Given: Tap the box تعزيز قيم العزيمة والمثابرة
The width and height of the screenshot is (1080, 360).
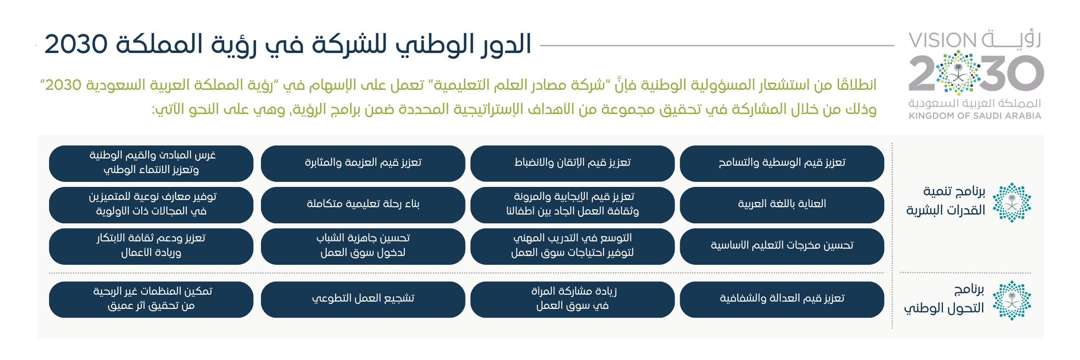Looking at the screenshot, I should point(363,163).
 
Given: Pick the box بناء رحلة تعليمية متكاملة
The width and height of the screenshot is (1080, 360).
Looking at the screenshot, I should point(363,205).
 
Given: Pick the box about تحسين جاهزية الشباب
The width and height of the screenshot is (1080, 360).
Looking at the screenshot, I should point(363,246).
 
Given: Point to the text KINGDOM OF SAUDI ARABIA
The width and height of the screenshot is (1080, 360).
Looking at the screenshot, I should point(975,116).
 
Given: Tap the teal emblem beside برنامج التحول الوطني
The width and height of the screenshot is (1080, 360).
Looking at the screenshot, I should point(1012,300).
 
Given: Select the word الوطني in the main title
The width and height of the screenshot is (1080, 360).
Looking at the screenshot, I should point(432,45).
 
